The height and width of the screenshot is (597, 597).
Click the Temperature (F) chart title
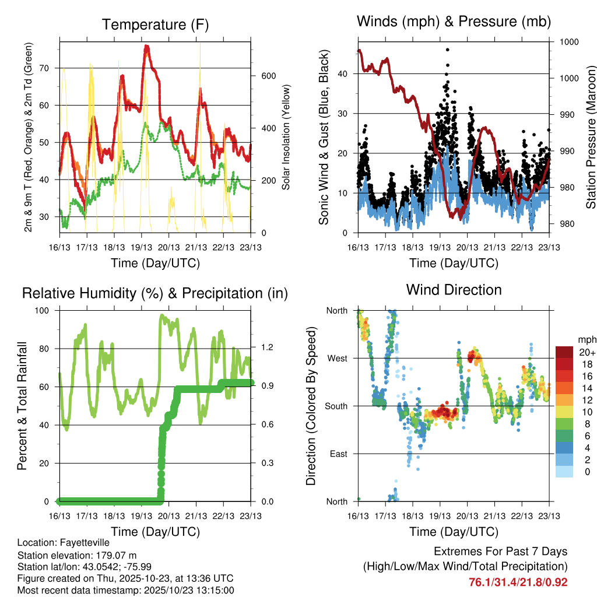[155, 25]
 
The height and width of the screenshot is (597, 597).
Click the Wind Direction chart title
[454, 290]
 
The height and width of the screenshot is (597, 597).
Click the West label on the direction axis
[338, 358]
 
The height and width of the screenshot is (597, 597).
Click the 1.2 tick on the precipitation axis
[266, 348]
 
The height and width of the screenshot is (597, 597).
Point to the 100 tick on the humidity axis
[44, 310]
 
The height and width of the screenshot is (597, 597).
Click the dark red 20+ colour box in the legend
[564, 352]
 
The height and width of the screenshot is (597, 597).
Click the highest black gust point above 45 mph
[447, 50]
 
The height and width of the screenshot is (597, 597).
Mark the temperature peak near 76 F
[146, 46]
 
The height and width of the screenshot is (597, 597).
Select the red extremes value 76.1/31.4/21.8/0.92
[518, 582]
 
